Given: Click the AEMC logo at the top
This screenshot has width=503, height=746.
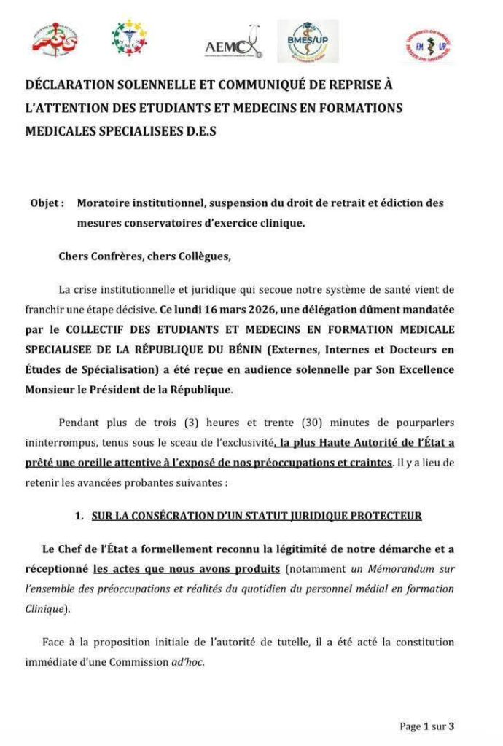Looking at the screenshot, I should [x=233, y=45].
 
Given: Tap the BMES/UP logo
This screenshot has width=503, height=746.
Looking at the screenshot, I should [x=308, y=42].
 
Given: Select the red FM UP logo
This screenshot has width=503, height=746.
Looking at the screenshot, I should [x=429, y=45].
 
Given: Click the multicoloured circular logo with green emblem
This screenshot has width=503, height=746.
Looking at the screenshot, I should [x=129, y=39].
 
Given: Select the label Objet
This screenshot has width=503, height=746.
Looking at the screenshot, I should [x=47, y=203].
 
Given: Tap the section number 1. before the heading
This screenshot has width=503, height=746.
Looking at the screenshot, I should [x=79, y=516].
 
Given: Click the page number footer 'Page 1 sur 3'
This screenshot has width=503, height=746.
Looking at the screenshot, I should [x=427, y=726].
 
